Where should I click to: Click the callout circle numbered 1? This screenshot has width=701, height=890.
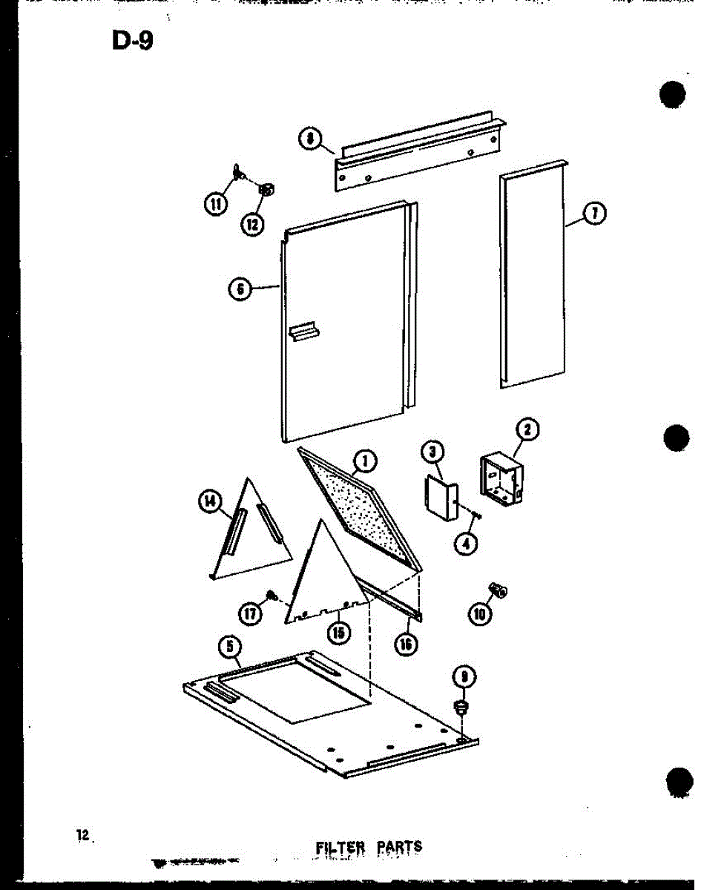[364, 464]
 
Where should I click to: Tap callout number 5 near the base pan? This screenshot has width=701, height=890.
[230, 647]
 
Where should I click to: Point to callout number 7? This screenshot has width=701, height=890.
[595, 214]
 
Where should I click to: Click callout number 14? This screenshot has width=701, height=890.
[211, 503]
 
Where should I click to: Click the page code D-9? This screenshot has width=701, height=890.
[132, 41]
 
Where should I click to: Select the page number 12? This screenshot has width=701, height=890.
[82, 835]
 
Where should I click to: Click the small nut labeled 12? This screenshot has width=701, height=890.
[266, 191]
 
